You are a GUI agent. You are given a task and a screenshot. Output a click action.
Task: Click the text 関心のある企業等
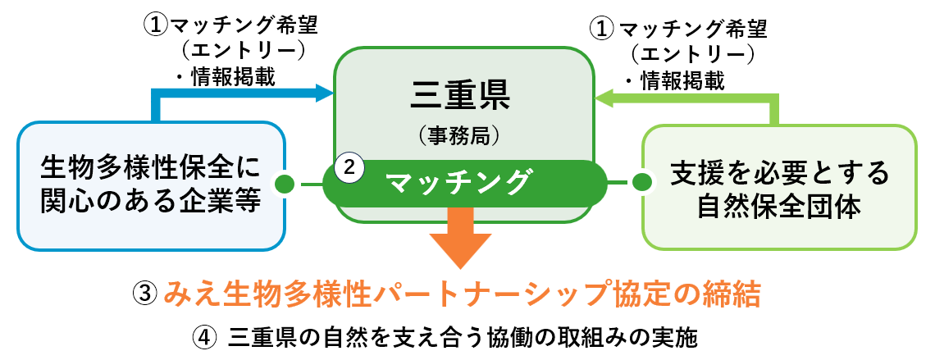(x=149, y=202)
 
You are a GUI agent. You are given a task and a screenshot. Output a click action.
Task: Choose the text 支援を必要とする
(x=779, y=172)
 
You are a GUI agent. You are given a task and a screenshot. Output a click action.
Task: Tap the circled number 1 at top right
(x=601, y=29)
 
